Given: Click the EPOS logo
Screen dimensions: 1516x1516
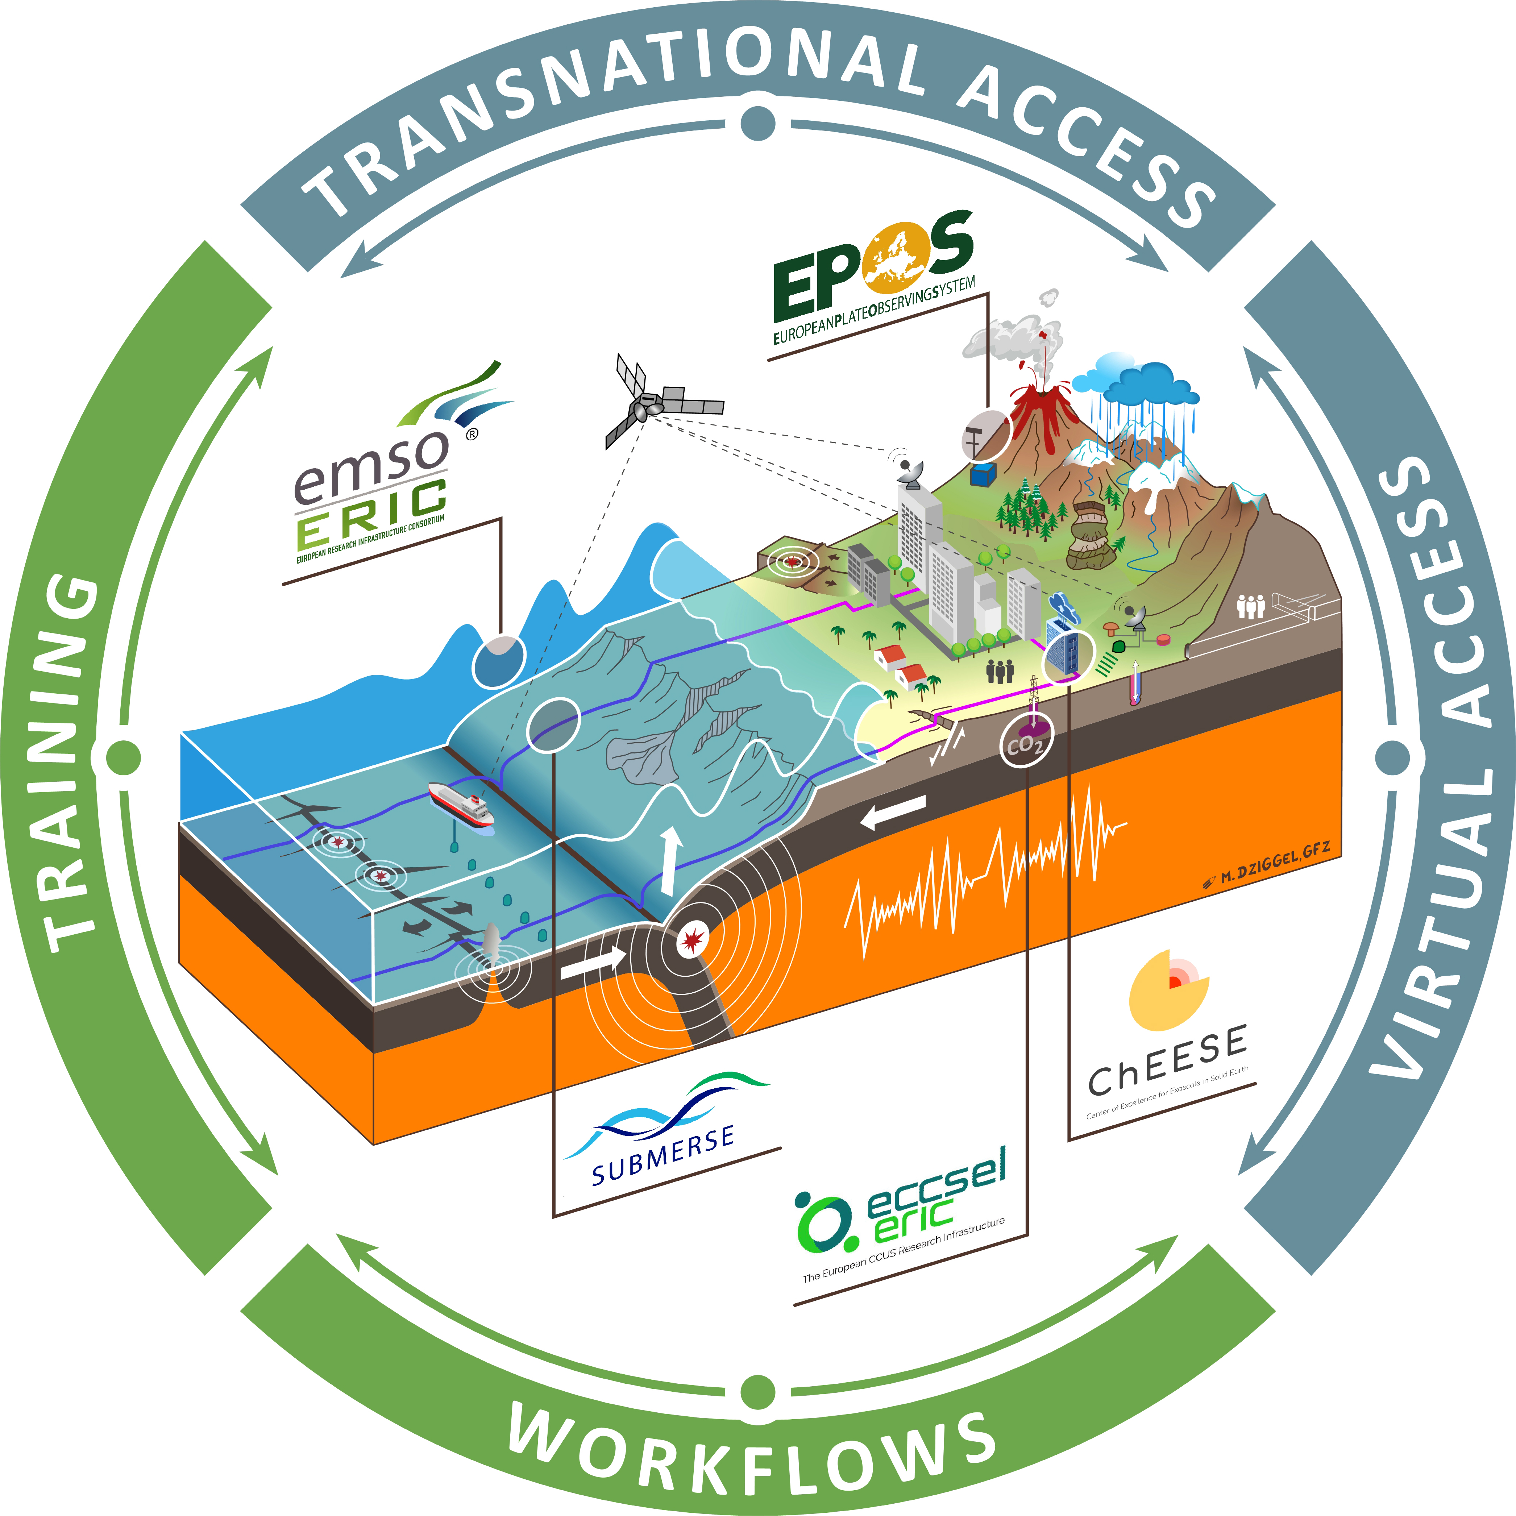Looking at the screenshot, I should click(873, 279).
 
